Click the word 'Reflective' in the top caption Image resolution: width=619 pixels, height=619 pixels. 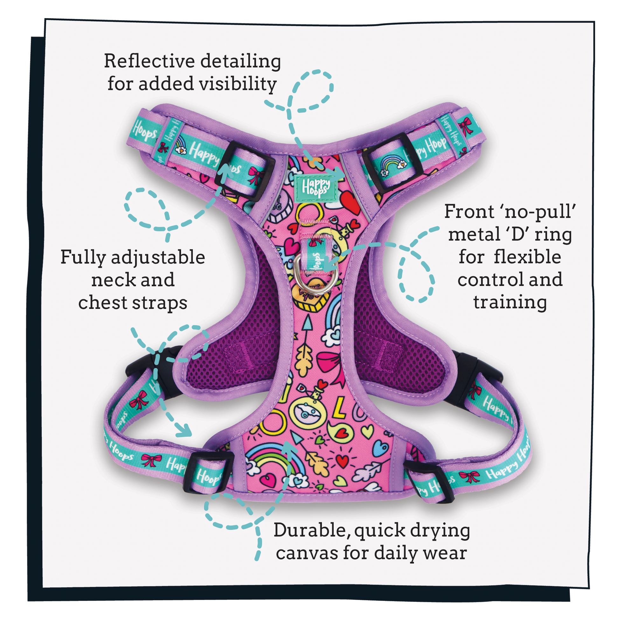point(149,61)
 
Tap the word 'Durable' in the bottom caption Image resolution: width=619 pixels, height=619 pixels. point(312,531)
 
